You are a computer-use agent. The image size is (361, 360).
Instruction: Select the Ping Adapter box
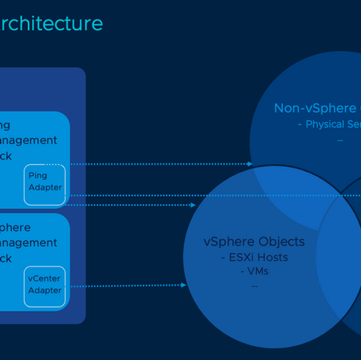[x=45, y=183]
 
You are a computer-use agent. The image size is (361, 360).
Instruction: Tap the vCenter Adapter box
[x=45, y=285]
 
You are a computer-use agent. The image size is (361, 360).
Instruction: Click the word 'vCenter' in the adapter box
[x=45, y=278]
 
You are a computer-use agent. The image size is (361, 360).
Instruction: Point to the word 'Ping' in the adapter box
[x=37, y=175]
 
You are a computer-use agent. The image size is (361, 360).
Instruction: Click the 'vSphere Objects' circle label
[x=254, y=242]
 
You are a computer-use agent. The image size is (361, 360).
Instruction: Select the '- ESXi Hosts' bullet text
[x=254, y=258]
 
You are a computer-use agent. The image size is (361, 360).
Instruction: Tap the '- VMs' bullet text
[x=254, y=272]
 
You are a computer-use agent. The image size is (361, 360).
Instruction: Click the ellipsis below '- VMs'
[x=254, y=284]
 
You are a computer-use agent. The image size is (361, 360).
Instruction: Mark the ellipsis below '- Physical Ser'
[x=339, y=138]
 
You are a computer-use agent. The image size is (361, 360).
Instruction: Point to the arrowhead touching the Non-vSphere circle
[x=250, y=163]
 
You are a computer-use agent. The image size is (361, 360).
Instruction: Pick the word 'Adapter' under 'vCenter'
[x=45, y=290]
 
